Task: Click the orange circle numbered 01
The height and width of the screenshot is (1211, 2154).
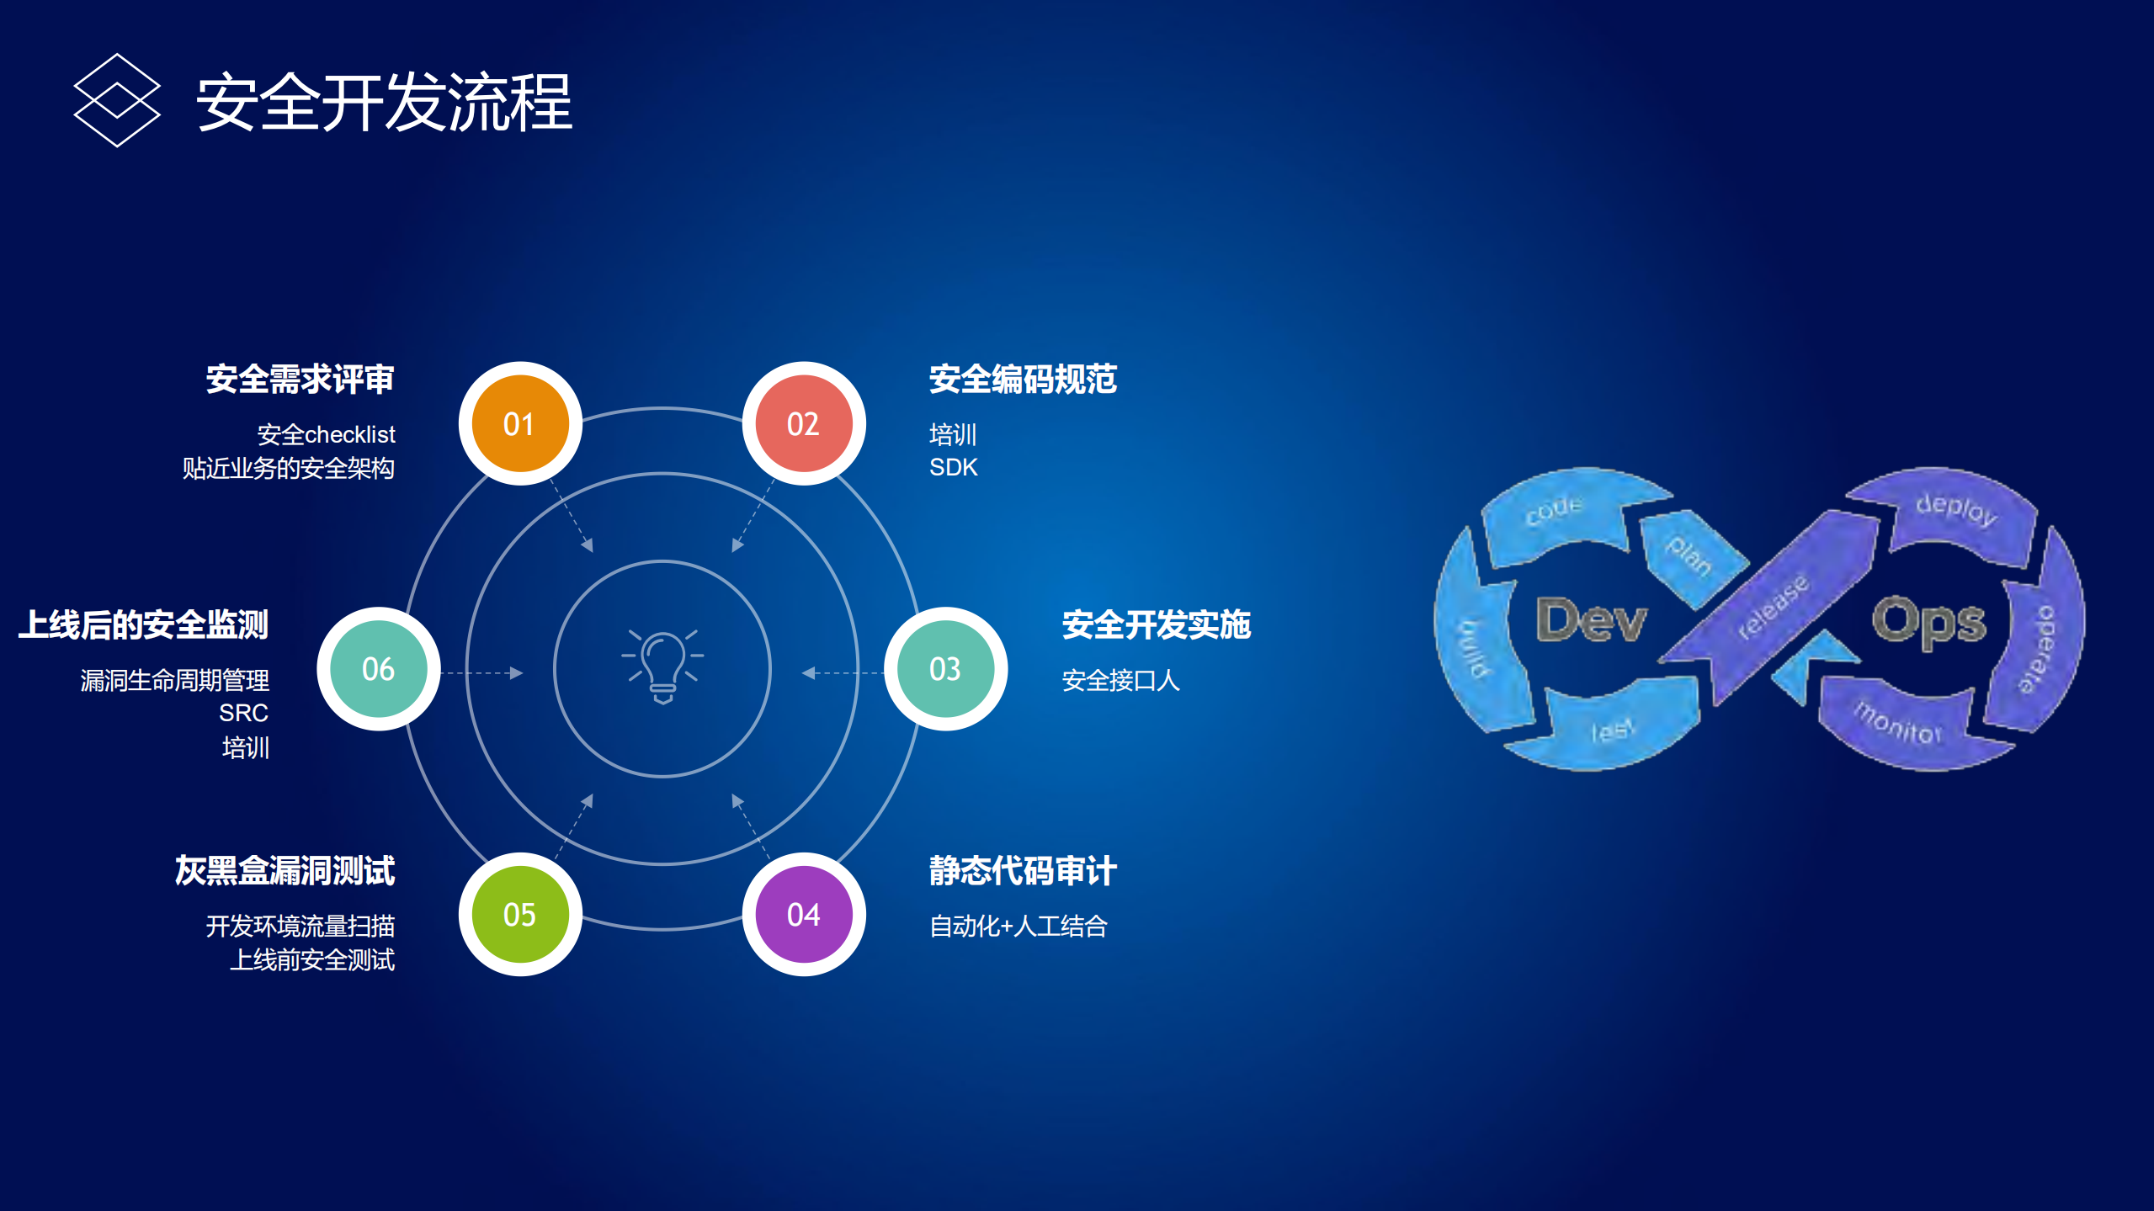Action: point(519,423)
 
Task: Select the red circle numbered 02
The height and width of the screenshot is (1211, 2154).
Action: point(803,423)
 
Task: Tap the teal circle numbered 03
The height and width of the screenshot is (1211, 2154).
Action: point(944,669)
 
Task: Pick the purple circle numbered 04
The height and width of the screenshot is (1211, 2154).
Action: point(803,914)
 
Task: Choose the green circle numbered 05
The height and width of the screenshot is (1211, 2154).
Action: point(519,914)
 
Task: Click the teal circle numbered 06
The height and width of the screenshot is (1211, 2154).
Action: point(378,669)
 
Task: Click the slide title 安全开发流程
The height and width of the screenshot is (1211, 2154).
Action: point(384,102)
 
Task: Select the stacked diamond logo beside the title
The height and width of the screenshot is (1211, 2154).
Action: point(117,100)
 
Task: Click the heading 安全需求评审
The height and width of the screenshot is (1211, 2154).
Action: point(300,379)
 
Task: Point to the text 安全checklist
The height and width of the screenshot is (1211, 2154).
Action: point(326,434)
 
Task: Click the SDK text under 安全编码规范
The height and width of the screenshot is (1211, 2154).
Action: point(953,467)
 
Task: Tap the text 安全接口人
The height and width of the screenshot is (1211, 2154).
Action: point(1120,680)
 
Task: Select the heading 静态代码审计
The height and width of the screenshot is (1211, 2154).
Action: point(1022,870)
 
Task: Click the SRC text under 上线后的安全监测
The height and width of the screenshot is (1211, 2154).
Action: point(243,713)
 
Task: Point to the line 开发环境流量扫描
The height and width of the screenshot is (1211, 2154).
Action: point(300,926)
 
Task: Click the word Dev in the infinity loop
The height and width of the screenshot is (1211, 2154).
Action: point(1590,621)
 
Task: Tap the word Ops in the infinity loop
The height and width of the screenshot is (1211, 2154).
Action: point(1928,623)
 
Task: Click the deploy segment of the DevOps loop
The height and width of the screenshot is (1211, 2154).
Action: point(1955,510)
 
